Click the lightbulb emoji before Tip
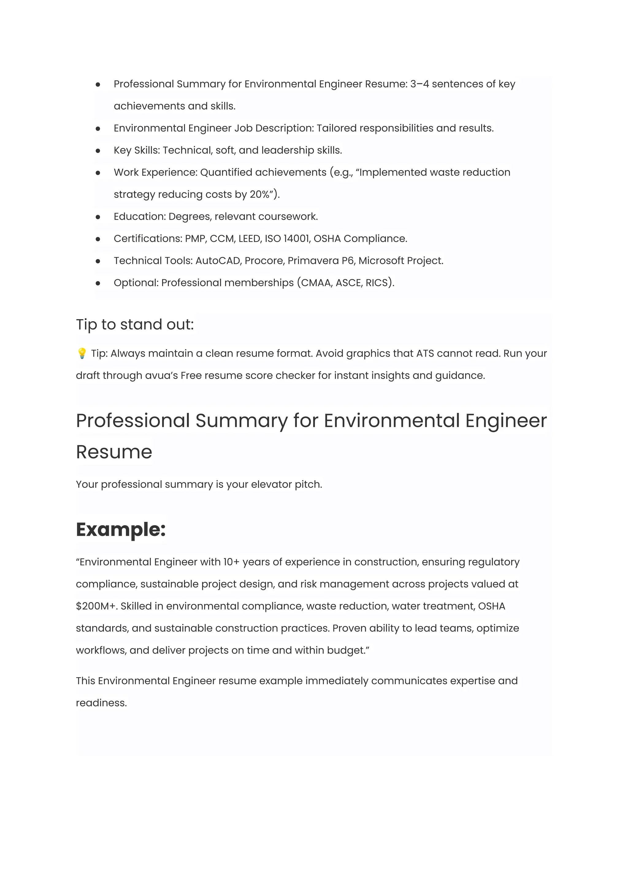82,354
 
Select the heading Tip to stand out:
135,324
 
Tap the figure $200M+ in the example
96,606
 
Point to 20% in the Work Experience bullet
259,194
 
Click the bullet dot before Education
98,217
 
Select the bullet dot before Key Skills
98,151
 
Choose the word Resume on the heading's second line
114,452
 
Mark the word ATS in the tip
425,354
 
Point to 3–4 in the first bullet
419,84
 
